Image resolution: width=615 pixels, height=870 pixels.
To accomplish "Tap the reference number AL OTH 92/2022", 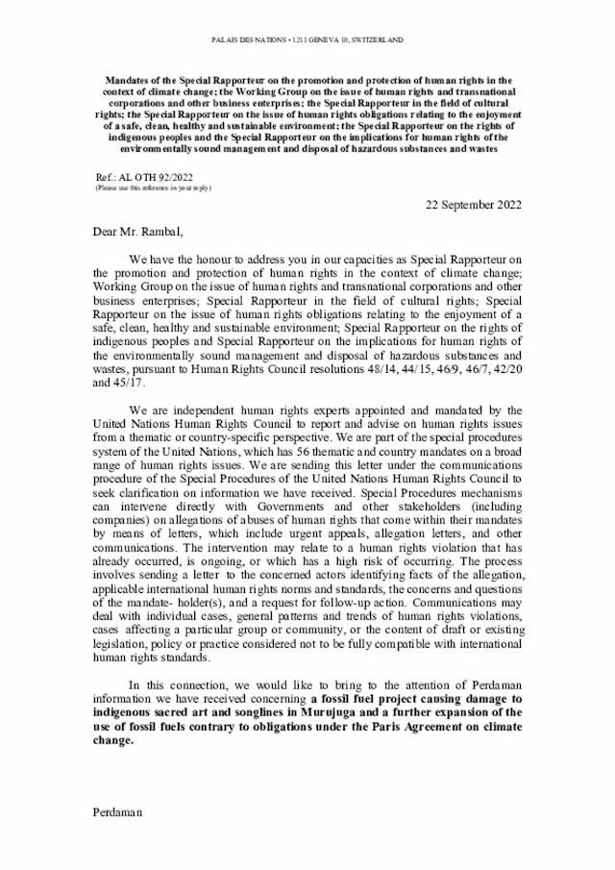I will tap(158, 179).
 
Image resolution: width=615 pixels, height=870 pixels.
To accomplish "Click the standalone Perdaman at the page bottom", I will tap(117, 812).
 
